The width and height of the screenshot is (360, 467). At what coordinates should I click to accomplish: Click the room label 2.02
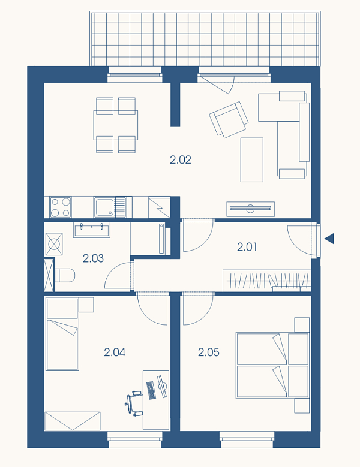[181, 160]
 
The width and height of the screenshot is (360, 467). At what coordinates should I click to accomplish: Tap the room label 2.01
[247, 246]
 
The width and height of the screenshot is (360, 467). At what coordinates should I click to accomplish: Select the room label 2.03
[93, 258]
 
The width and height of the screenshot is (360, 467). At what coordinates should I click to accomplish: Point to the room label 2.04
[115, 352]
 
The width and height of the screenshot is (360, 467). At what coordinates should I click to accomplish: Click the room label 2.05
[209, 352]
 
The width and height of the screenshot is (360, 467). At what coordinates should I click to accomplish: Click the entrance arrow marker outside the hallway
[329, 239]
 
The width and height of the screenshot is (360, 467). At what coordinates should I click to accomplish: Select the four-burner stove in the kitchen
[61, 207]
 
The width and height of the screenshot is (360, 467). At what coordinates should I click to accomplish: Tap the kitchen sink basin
[104, 207]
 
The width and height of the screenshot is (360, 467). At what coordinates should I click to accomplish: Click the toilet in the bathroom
[65, 276]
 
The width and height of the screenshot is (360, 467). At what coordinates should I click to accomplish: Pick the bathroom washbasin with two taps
[92, 230]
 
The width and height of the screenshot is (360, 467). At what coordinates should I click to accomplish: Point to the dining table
[116, 125]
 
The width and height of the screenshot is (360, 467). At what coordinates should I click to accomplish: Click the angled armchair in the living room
[229, 120]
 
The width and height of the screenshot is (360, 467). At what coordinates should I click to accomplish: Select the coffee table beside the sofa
[252, 159]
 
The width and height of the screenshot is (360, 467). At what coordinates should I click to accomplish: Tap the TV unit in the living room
[250, 209]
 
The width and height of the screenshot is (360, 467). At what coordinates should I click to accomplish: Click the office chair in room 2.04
[134, 403]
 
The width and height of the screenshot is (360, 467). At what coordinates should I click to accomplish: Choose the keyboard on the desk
[151, 390]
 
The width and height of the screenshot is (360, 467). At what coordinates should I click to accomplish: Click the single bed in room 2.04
[62, 334]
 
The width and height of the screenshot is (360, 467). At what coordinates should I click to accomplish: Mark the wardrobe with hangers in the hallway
[267, 281]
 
